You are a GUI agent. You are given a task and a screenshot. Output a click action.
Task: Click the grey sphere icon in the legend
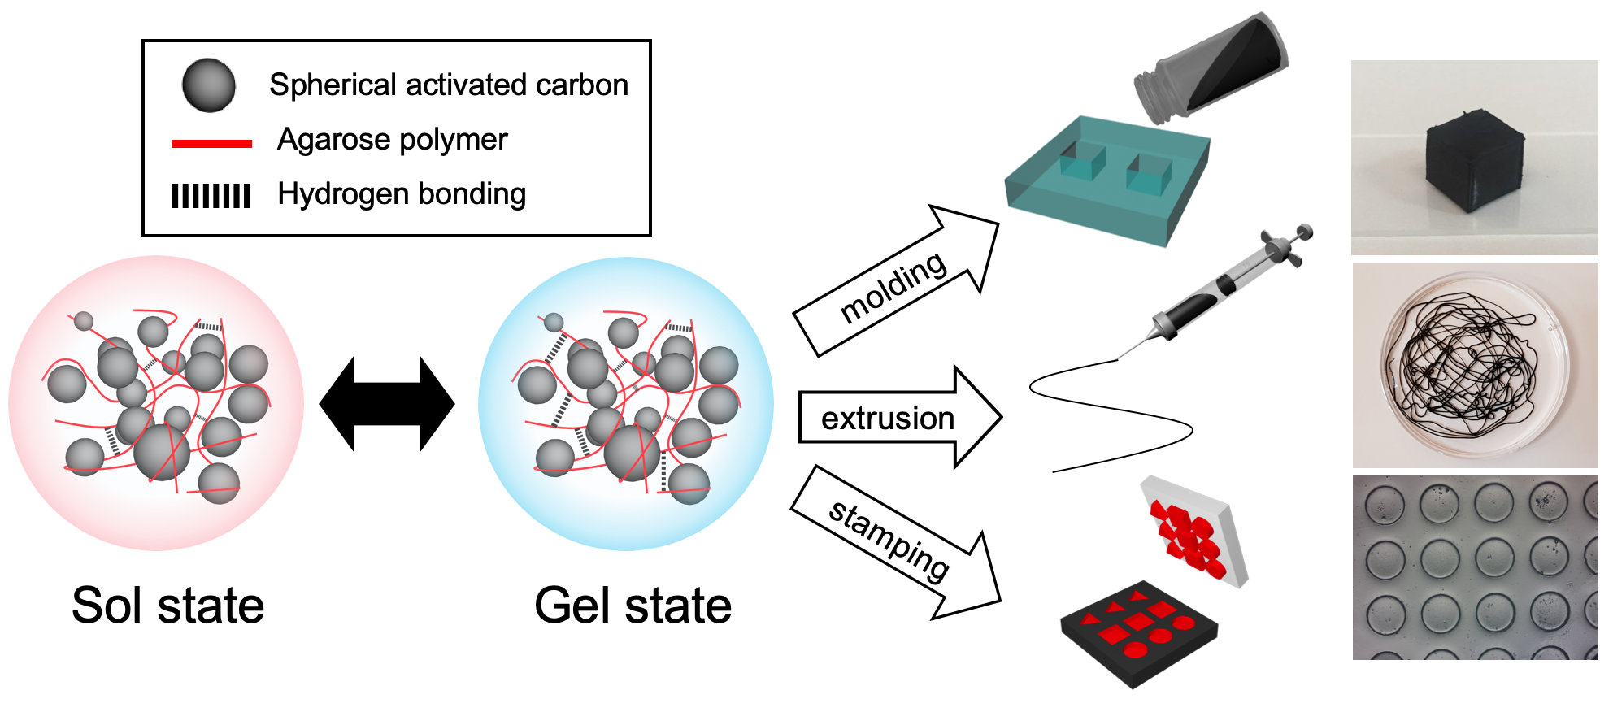[x=209, y=85]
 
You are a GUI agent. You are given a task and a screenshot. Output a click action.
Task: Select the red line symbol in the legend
[x=211, y=144]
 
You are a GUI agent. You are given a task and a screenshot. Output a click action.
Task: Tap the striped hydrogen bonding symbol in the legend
[x=211, y=196]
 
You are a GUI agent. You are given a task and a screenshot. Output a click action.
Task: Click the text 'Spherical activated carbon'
[x=449, y=85]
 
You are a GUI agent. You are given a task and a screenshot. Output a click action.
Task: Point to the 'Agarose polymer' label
[x=392, y=140]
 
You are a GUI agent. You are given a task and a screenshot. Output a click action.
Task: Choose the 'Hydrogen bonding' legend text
[x=402, y=194]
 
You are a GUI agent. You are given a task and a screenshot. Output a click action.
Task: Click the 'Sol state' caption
[x=167, y=606]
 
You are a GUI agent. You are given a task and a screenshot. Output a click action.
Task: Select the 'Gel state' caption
[x=633, y=606]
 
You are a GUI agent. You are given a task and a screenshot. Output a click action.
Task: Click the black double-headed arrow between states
[x=387, y=404]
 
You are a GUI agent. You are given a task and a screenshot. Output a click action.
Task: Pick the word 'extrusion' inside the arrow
[x=887, y=419]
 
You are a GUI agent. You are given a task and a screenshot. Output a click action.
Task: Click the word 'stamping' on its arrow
[x=889, y=541]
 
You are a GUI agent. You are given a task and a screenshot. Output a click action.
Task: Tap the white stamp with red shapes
[x=1193, y=532]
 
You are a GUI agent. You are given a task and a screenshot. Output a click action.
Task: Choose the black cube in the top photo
[x=1474, y=160]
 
